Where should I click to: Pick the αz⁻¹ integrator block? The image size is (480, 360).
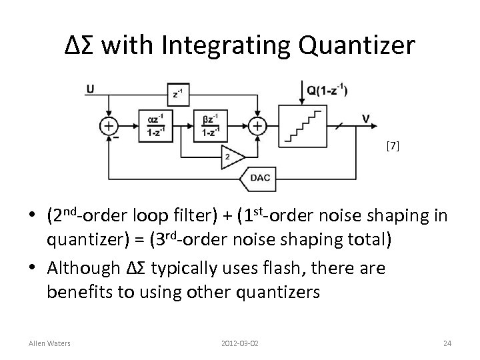pos(155,126)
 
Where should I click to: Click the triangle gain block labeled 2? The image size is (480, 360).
pos(229,155)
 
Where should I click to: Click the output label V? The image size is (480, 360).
pos(366,118)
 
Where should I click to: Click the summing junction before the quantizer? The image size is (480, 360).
pos(257,126)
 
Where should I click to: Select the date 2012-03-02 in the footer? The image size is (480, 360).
pos(240,343)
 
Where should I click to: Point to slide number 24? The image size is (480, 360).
pos(447,343)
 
